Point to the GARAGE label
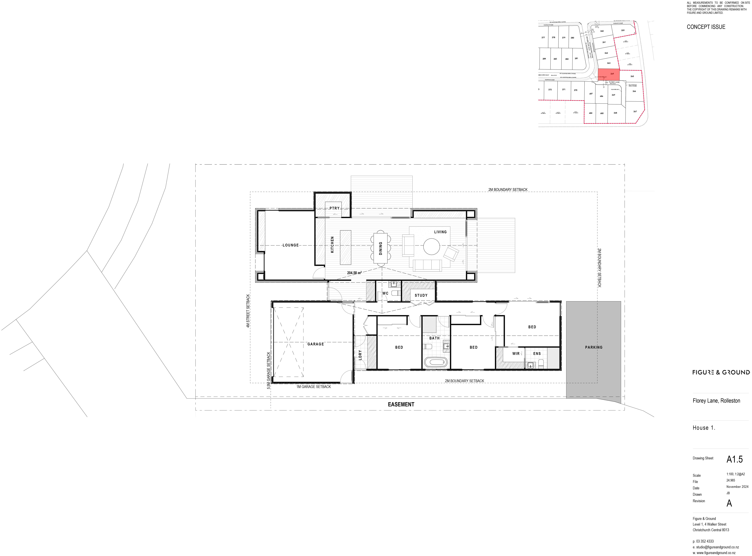[x=315, y=344]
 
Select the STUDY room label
[x=421, y=295]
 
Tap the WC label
[x=385, y=293]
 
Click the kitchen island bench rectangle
[x=345, y=247]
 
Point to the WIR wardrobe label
[x=516, y=353]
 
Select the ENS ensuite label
[x=537, y=353]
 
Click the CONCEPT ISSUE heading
[x=706, y=27]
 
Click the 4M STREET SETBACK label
[x=248, y=311]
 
